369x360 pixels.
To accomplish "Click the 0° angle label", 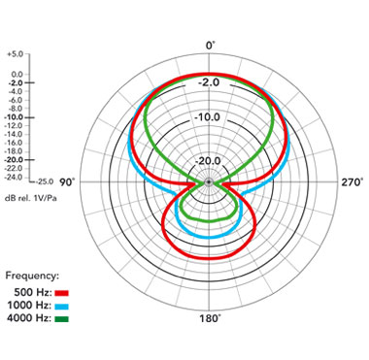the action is tap(210, 46).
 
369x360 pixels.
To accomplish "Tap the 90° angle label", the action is tap(67, 182).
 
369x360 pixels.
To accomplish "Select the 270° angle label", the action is tap(352, 182).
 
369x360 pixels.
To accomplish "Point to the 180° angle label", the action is tap(210, 318).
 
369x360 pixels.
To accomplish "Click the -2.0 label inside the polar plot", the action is tap(209, 82).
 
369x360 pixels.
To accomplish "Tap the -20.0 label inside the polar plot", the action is tap(209, 161).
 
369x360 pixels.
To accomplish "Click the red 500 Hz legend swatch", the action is tap(62, 293).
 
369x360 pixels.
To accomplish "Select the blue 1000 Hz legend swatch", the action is tap(62, 306).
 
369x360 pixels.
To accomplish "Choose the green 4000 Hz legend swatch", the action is tap(62, 319).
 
